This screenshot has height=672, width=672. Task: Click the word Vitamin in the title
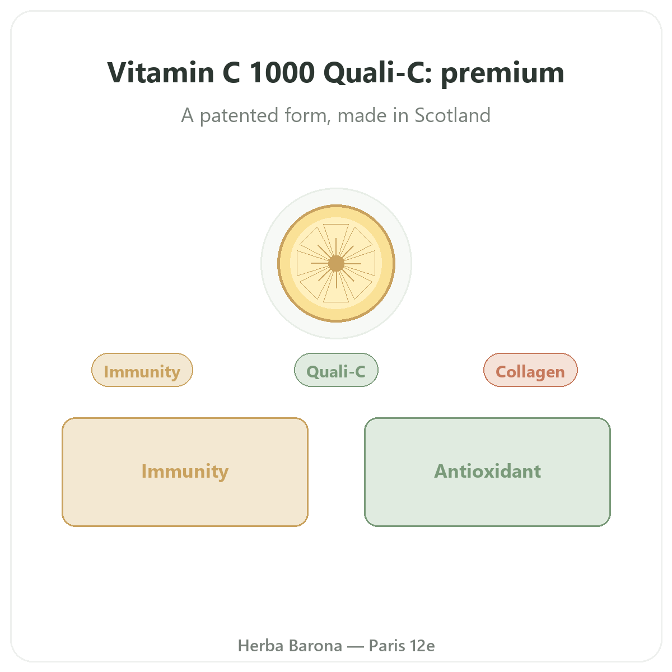click(161, 72)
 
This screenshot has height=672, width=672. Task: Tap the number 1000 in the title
click(282, 72)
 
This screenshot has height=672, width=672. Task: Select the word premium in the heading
click(502, 74)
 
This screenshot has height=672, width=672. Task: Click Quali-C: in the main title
click(378, 72)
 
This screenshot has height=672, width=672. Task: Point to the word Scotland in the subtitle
click(452, 115)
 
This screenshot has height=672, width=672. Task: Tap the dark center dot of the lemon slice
click(336, 263)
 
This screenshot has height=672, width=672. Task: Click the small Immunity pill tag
click(142, 370)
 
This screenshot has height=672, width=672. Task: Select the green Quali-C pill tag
click(336, 370)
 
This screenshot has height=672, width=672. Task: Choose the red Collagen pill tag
click(530, 370)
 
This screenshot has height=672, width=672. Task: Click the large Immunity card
click(185, 472)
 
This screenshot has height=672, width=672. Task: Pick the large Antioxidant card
click(487, 472)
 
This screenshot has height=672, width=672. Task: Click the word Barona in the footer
click(315, 646)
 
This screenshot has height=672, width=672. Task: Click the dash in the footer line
click(356, 646)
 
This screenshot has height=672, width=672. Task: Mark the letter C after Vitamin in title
click(231, 72)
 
